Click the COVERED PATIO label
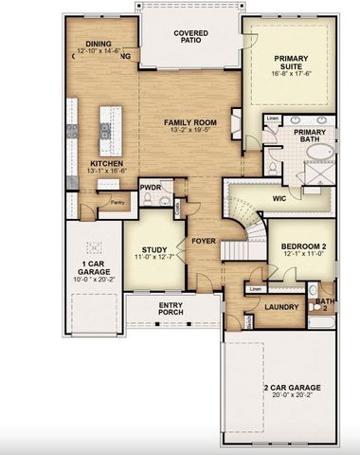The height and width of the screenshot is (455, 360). [190, 36]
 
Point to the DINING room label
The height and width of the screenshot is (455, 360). [99, 44]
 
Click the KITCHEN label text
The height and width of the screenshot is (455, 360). [105, 163]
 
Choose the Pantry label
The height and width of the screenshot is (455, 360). [117, 201]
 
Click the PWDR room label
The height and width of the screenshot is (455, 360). [151, 187]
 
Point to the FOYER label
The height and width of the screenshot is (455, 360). [203, 241]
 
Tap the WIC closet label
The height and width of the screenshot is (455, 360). [279, 198]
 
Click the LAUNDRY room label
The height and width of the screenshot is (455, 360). [281, 307]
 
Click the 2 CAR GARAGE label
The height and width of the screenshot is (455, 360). [292, 389]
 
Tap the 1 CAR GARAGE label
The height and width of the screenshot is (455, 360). [92, 266]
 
